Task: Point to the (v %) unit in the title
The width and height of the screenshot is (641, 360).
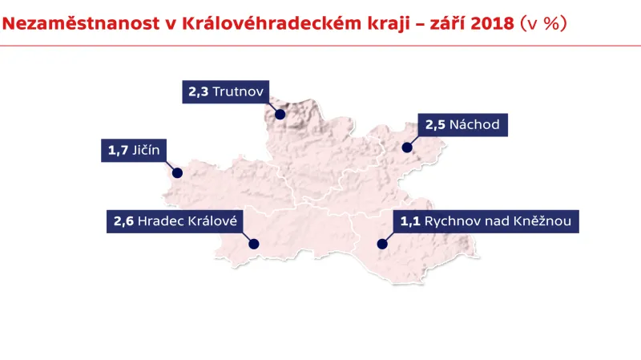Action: pyautogui.click(x=544, y=23)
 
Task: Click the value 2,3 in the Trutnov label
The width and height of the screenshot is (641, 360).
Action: pyautogui.click(x=199, y=92)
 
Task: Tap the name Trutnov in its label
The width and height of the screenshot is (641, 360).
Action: pyautogui.click(x=240, y=92)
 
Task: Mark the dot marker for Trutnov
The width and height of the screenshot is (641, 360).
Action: pyautogui.click(x=280, y=114)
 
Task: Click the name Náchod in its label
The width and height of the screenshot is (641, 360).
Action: pyautogui.click(x=474, y=124)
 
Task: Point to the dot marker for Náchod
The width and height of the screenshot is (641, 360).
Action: pyautogui.click(x=407, y=148)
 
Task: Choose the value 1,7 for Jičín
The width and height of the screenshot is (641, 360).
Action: pyautogui.click(x=117, y=150)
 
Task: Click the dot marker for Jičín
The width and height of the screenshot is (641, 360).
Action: pyautogui.click(x=178, y=172)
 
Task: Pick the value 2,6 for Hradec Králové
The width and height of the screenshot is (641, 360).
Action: pyautogui.click(x=123, y=221)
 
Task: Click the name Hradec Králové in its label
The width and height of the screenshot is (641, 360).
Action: pyautogui.click(x=188, y=221)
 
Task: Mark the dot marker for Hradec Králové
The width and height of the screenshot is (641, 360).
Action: pyautogui.click(x=255, y=244)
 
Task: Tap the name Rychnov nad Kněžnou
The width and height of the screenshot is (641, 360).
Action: pyautogui.click(x=498, y=221)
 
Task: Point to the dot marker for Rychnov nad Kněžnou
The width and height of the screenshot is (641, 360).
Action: pyautogui.click(x=382, y=244)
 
